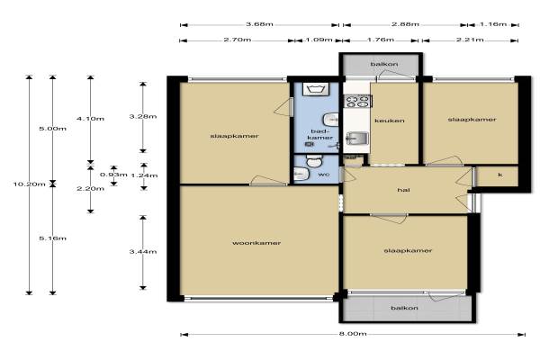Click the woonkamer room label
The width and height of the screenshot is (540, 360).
click(256, 243)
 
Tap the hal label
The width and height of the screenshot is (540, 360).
click(403, 190)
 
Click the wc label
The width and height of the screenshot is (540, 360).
click(324, 175)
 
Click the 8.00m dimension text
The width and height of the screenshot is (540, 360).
click(353, 334)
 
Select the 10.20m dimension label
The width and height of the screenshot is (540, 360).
click(30, 184)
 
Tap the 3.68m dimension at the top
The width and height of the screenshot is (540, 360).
click(259, 24)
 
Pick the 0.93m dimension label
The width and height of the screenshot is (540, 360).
click(113, 175)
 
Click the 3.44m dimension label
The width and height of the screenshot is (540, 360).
click(143, 251)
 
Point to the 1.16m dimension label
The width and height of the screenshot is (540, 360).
click(493, 24)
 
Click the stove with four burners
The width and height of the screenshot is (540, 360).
click(358, 101)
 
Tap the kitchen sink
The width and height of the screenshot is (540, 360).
click(357, 138)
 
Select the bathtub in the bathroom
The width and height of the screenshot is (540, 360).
click(317, 89)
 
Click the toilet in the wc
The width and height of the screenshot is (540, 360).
click(314, 160)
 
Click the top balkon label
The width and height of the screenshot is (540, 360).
click(384, 64)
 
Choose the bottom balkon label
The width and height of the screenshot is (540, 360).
click(404, 308)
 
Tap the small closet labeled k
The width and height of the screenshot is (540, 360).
click(498, 176)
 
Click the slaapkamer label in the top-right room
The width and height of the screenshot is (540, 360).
click(472, 120)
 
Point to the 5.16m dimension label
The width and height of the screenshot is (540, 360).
click(52, 238)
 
